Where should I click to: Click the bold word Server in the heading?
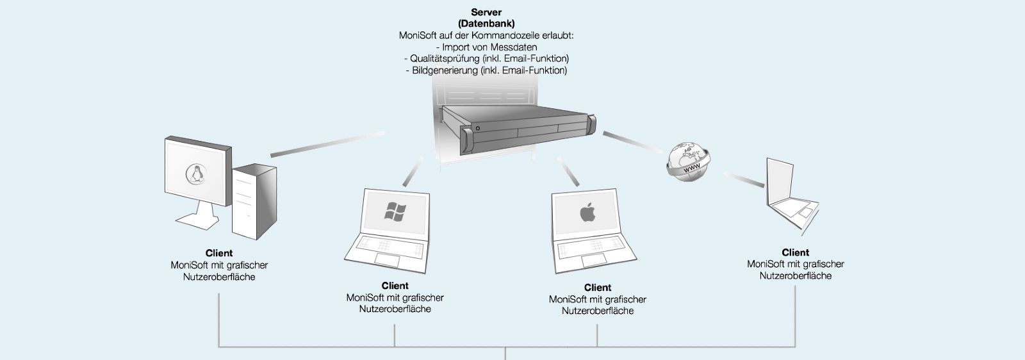[486, 12]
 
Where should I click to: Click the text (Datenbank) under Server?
[486, 24]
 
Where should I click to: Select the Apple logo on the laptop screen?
[586, 212]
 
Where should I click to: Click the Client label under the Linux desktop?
[219, 253]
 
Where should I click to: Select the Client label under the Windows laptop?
[395, 286]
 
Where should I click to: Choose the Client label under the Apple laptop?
[598, 288]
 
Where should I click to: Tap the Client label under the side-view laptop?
[796, 252]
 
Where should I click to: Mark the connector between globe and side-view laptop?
[744, 179]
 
